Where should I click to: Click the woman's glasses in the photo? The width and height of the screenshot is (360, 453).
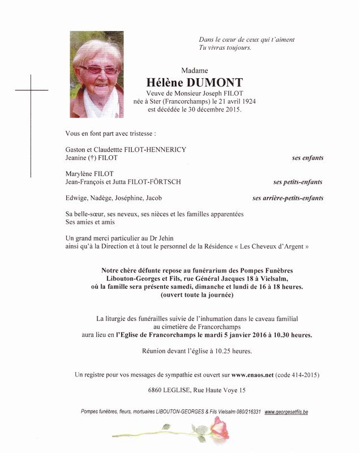click(x=99, y=70)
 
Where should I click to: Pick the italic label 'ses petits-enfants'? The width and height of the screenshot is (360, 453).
click(x=298, y=182)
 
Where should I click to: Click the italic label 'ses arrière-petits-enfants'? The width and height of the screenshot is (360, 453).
click(x=288, y=198)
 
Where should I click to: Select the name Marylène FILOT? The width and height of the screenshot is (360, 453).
click(x=89, y=174)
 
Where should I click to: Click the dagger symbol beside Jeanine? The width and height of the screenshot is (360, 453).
click(x=91, y=158)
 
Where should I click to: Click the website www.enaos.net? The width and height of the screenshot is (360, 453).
click(x=252, y=375)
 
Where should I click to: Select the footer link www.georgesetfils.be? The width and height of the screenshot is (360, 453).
click(x=286, y=412)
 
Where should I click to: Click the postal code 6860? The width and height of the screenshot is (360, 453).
click(x=153, y=390)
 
